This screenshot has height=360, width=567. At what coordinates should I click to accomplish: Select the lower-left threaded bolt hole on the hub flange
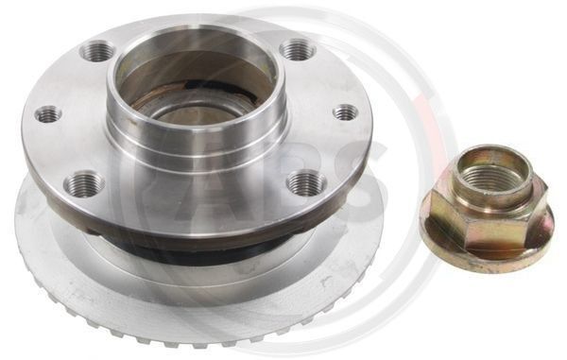[x=84, y=183]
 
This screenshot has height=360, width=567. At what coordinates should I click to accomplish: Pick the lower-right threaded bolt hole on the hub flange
[x=307, y=183]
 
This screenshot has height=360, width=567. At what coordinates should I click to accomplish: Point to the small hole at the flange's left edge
[x=48, y=114]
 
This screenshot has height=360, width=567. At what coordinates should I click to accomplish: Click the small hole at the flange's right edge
[x=345, y=112]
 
